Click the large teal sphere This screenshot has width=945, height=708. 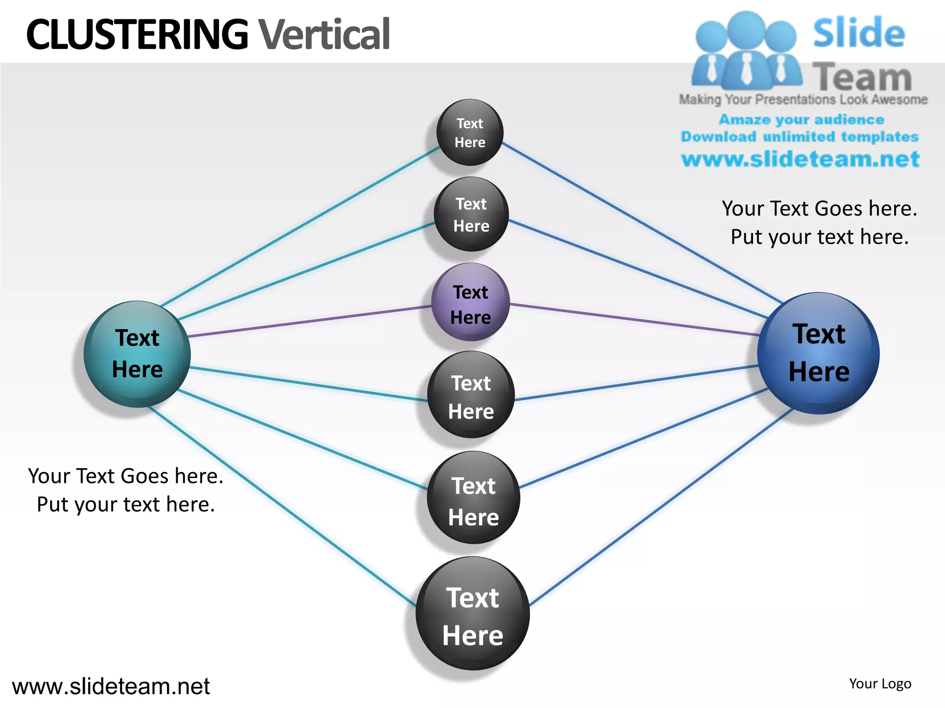[x=137, y=354]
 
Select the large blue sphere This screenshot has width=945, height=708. [x=818, y=354]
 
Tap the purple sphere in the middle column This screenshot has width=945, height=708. [x=471, y=302]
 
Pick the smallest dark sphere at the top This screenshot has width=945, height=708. [x=470, y=133]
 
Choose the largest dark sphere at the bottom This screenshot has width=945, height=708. [x=472, y=614]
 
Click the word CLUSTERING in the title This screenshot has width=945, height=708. [x=137, y=34]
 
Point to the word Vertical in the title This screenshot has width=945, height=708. [x=324, y=34]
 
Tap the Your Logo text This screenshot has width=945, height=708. [x=880, y=684]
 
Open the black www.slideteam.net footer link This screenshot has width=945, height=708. [x=111, y=686]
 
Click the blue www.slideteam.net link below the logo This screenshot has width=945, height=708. [x=800, y=159]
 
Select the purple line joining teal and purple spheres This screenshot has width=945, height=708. [x=309, y=321]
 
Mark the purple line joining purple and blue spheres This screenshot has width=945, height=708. [x=634, y=319]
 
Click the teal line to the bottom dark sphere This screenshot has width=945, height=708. [x=281, y=506]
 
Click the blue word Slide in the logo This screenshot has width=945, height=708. [x=859, y=33]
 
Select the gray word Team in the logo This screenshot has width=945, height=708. [x=861, y=77]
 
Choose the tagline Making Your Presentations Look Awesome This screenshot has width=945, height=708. [x=803, y=100]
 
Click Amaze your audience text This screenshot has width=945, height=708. [x=801, y=120]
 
